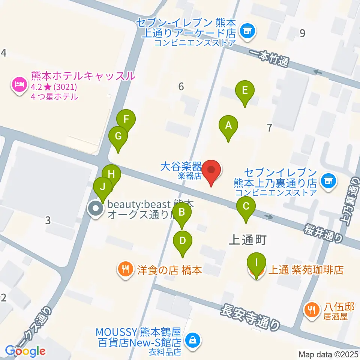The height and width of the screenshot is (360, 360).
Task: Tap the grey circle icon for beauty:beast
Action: pyautogui.click(x=96, y=209)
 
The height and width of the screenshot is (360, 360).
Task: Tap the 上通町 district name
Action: pyautogui.click(x=247, y=240)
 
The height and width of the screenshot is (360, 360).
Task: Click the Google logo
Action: pyautogui.click(x=25, y=351)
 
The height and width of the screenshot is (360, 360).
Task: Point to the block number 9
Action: pyautogui.click(x=302, y=33)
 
